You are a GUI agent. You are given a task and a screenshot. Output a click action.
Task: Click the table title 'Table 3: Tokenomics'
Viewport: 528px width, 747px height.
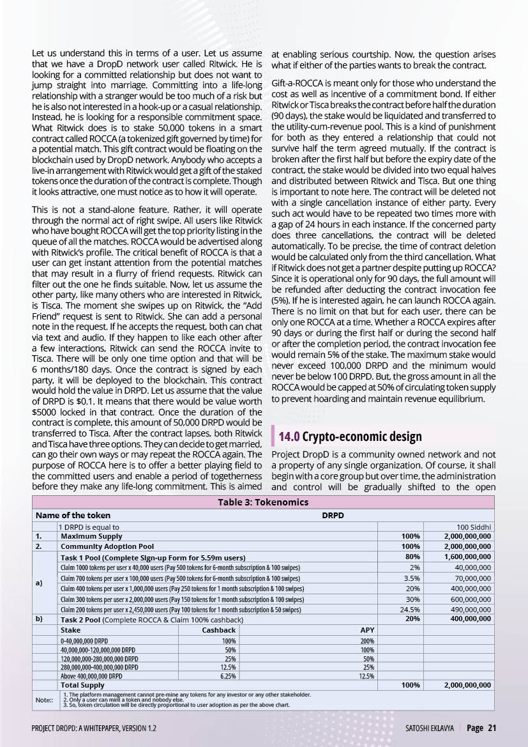(x=263, y=502)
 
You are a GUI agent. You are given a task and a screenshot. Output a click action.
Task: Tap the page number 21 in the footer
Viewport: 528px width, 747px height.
(x=491, y=728)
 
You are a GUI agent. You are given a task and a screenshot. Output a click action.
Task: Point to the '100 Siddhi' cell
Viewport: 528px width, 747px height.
(x=471, y=527)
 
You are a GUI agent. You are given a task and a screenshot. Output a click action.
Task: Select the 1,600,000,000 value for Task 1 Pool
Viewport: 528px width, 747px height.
(x=467, y=557)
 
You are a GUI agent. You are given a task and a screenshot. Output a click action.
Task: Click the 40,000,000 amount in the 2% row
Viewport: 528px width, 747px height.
(x=472, y=567)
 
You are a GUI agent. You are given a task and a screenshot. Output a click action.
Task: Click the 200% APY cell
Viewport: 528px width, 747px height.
(x=367, y=640)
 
